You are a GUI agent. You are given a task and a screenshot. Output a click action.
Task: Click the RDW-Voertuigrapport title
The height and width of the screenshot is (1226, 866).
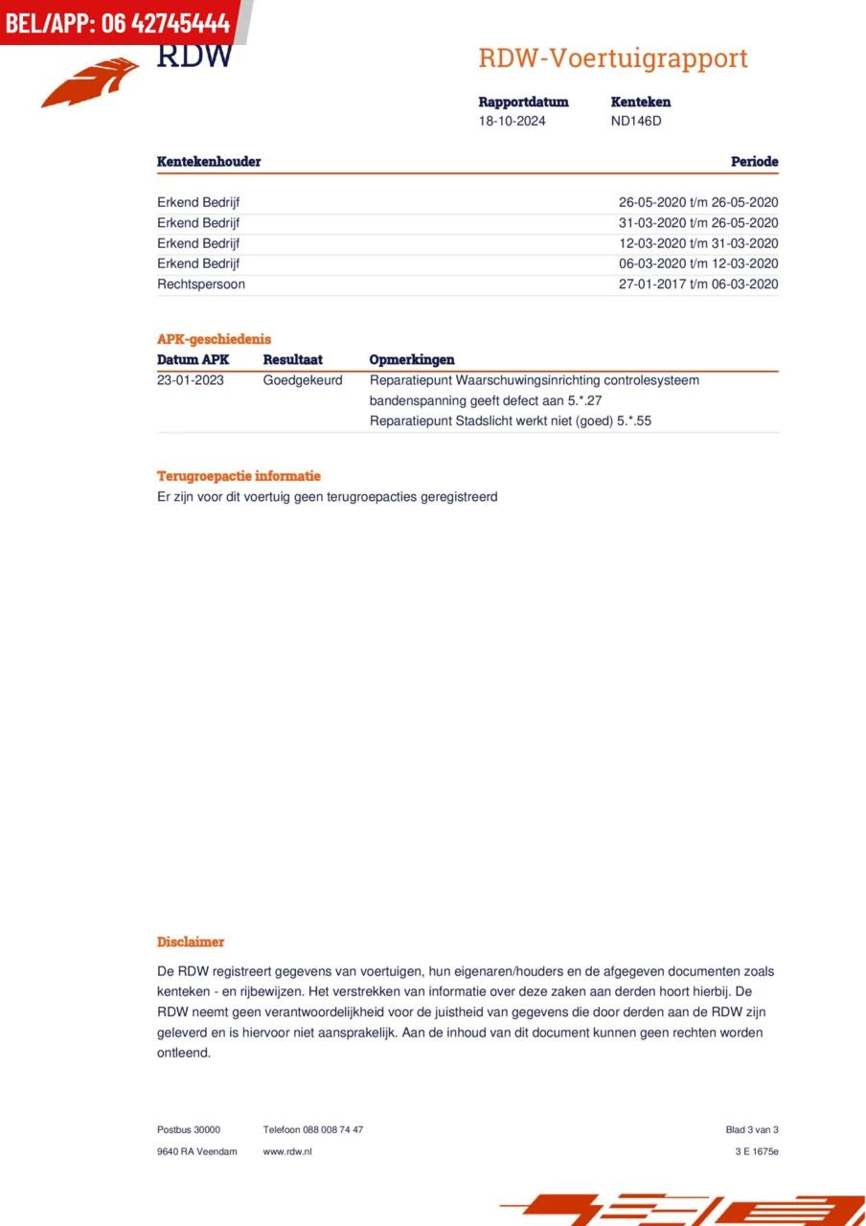coord(613,58)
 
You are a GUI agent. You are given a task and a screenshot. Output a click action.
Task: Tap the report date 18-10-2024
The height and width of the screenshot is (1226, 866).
coord(513,122)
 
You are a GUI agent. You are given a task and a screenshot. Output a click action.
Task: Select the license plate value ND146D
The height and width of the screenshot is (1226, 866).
coord(636,122)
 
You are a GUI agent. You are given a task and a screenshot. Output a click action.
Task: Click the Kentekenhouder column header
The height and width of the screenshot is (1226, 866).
coord(209,162)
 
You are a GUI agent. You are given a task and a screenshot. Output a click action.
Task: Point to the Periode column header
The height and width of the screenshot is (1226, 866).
coord(754,162)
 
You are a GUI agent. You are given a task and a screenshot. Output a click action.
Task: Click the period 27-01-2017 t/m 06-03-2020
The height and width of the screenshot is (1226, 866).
coord(698,284)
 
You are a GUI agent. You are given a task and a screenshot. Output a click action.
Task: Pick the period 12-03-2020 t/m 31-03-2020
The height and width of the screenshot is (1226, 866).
coord(698,243)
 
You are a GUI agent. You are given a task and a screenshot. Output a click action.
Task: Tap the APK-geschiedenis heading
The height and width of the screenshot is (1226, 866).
coord(214,339)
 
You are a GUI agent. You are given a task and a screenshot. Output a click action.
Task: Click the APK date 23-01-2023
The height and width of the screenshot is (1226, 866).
coord(191,380)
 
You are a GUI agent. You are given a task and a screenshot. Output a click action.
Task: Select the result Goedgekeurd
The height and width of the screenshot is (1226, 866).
coord(303,380)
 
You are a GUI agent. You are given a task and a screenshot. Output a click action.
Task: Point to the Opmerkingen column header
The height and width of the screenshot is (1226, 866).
coord(412,360)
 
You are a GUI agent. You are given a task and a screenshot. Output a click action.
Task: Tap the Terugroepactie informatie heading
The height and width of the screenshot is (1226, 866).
coord(239,476)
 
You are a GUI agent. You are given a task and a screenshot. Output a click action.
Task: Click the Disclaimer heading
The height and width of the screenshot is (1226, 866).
coord(191,942)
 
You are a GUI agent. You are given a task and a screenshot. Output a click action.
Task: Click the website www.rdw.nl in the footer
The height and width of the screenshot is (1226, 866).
coord(287,1151)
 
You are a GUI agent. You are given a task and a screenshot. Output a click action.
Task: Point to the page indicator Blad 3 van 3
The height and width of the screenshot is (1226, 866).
coord(752,1130)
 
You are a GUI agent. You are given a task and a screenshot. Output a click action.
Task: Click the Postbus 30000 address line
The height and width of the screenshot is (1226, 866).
coord(189,1130)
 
